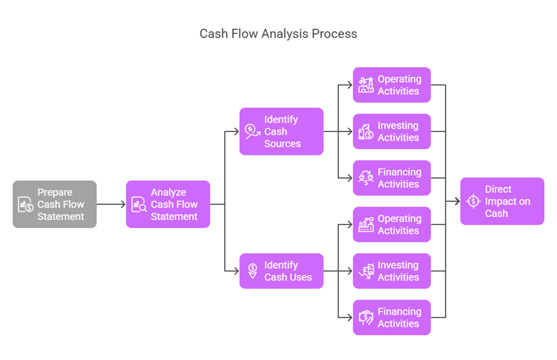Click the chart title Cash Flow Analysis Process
278,33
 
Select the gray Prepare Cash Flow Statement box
54,204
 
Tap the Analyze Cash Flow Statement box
168,204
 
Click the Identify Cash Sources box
281,131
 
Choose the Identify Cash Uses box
281,271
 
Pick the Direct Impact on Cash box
502,201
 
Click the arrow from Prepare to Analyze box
111,204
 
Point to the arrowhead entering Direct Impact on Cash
456,201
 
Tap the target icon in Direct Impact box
473,202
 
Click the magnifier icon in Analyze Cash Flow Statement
139,205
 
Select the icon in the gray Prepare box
25,205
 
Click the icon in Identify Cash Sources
252,131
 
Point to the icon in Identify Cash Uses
252,271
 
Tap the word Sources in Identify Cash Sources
283,144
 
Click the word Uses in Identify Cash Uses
300,277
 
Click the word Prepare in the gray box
54,192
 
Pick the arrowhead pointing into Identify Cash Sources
236,131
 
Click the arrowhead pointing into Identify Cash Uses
236,271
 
